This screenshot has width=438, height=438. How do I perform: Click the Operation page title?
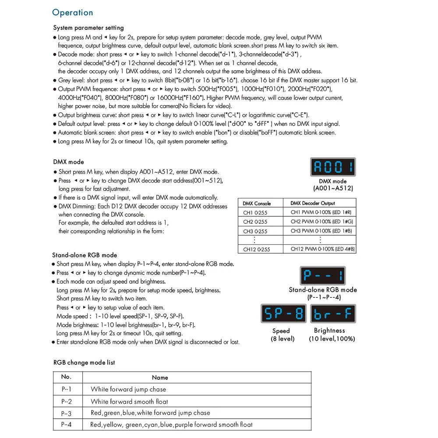click(73, 13)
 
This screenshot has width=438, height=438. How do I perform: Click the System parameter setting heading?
click(88, 28)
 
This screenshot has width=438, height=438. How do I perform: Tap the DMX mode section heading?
click(68, 162)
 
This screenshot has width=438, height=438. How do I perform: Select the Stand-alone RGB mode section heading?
click(85, 255)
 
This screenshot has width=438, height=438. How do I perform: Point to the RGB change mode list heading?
click(84, 363)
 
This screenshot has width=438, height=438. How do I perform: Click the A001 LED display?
click(333, 167)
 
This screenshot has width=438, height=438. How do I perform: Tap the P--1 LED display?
click(324, 276)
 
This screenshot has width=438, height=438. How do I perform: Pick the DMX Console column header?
click(257, 203)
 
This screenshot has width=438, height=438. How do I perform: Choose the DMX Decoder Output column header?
click(313, 203)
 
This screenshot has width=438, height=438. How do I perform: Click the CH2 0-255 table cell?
click(255, 222)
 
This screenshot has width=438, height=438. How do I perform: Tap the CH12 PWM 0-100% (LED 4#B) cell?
click(323, 249)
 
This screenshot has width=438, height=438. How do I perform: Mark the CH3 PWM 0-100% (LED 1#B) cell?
click(321, 231)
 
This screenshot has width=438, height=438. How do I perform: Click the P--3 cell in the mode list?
click(67, 413)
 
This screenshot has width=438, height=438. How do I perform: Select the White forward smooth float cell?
click(129, 401)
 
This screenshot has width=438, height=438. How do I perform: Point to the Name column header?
click(160, 378)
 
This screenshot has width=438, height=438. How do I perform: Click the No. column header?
click(66, 377)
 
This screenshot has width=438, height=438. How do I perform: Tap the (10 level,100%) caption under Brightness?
click(332, 339)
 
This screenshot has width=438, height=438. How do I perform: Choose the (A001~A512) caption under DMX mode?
click(333, 188)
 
